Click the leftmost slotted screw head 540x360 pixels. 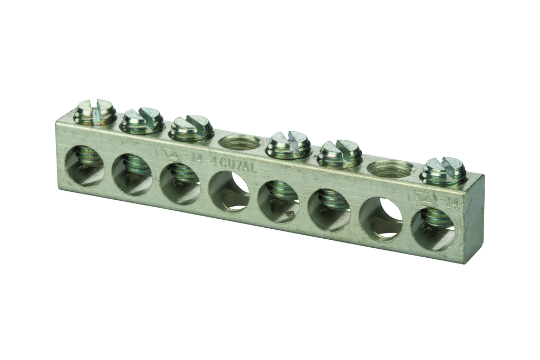point(95,112)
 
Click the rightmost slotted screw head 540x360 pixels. point(443,170)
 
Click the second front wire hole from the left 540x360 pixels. point(132,174)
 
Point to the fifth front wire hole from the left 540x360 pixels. point(278,200)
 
